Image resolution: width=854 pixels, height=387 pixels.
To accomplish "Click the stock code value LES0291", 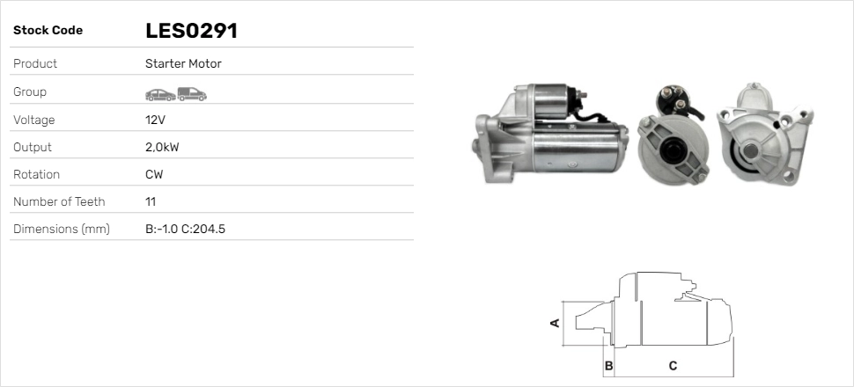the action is tap(191, 31).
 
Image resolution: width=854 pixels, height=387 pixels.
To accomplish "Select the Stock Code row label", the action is tap(48, 31).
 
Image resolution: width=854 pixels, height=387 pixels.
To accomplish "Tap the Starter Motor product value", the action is tap(183, 63).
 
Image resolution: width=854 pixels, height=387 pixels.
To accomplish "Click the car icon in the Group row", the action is tap(160, 95).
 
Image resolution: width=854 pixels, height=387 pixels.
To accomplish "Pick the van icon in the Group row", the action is tap(192, 94).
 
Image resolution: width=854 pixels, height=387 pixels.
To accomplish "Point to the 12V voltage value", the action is tap(155, 120).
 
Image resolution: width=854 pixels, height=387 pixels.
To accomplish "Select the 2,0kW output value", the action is tap(162, 148).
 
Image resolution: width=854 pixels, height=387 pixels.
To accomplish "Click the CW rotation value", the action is tap(154, 175).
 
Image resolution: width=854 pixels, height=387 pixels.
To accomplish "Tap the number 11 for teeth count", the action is tap(151, 202).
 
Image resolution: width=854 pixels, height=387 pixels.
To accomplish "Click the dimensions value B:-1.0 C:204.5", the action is tap(185, 230).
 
